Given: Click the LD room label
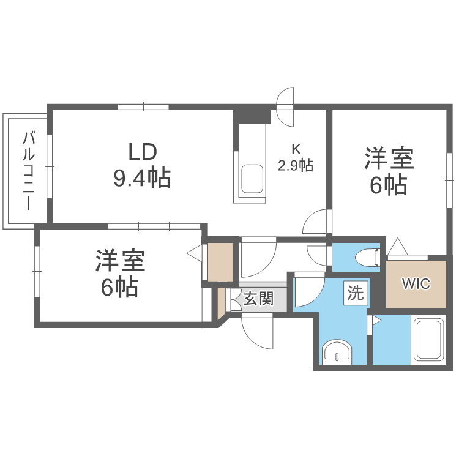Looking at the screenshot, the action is (x=143, y=152).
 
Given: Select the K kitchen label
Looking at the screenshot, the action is (x=296, y=149).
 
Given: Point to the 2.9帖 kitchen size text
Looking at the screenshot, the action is (x=296, y=165).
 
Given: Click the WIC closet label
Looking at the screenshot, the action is (x=416, y=283).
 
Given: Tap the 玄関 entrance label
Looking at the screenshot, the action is (x=258, y=298).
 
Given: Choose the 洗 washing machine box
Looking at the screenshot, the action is (x=356, y=293).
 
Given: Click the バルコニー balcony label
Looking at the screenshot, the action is (x=29, y=171).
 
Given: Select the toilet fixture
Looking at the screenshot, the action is (x=367, y=258).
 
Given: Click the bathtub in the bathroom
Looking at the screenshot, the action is (x=428, y=340).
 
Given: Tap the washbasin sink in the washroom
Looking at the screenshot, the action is (x=337, y=352).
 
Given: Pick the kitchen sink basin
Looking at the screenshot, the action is (x=252, y=179).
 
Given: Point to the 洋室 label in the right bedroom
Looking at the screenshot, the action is (x=389, y=159).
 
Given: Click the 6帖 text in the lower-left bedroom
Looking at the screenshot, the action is (x=119, y=287).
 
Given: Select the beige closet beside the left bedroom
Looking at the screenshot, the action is (x=220, y=261).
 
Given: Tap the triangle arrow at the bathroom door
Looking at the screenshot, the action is (x=376, y=321).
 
